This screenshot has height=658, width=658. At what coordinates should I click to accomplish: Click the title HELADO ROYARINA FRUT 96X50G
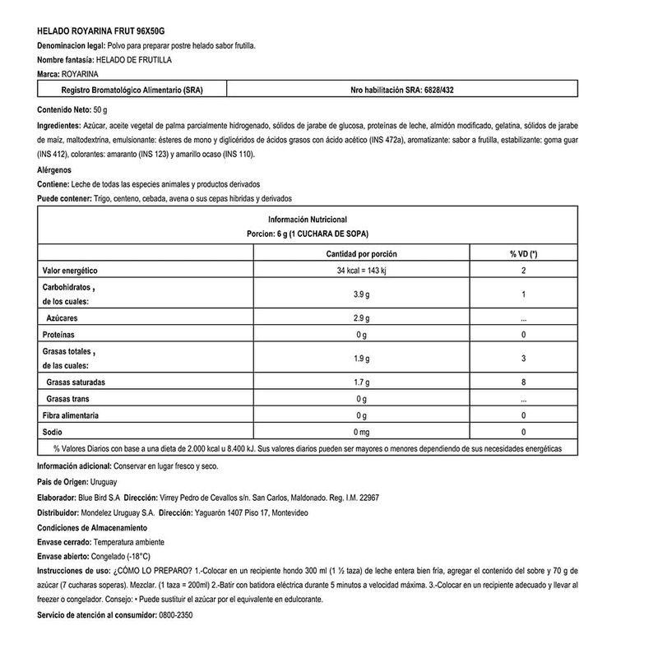click(x=95, y=30)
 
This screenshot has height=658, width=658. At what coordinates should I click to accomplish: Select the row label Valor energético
click(x=70, y=271)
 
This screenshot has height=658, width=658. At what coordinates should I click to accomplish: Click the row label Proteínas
click(x=58, y=335)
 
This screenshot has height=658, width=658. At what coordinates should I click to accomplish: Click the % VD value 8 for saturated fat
click(x=523, y=382)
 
